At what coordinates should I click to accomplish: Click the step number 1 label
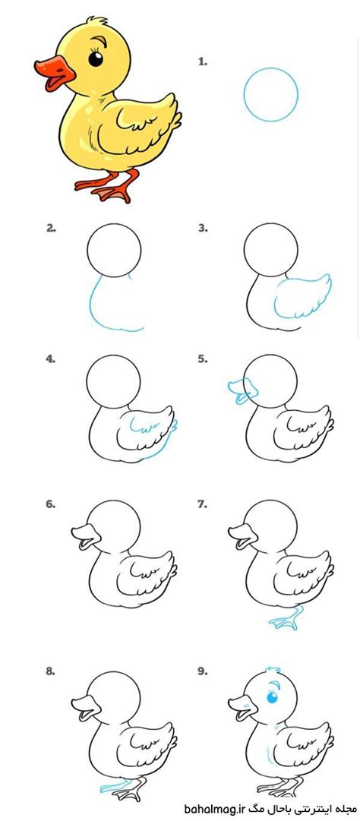(203, 62)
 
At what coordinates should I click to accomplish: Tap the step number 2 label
(51, 229)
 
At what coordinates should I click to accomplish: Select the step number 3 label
(203, 229)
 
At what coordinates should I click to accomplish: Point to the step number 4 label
(51, 359)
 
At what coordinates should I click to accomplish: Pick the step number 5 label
(203, 359)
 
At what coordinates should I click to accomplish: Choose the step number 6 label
(51, 505)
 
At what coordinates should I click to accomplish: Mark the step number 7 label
(203, 505)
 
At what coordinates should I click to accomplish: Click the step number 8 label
(51, 671)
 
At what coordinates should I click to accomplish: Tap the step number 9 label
(203, 671)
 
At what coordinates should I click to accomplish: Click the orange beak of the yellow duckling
(55, 74)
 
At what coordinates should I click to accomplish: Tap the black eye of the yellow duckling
(96, 58)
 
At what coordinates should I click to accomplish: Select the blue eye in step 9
(272, 698)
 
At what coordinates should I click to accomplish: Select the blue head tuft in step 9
(271, 670)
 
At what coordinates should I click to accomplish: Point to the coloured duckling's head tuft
(97, 22)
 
